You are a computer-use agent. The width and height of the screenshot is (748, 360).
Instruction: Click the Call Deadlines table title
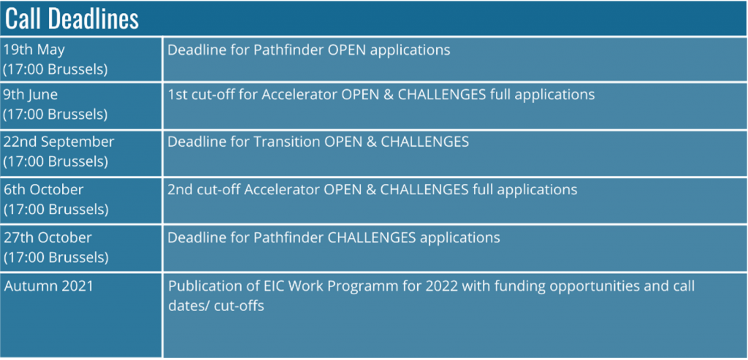[72, 19]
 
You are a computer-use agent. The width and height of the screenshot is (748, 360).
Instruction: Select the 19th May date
[34, 50]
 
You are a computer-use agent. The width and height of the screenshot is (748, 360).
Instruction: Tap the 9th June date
[31, 95]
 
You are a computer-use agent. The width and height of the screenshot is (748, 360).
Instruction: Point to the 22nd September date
[59, 142]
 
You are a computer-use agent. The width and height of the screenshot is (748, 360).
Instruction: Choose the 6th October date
[43, 189]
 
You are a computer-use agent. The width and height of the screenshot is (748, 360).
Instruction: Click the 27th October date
[47, 237]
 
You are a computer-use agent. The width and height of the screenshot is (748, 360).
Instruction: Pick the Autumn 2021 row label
[49, 286]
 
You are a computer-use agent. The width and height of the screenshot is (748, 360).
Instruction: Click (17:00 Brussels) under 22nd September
[56, 161]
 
